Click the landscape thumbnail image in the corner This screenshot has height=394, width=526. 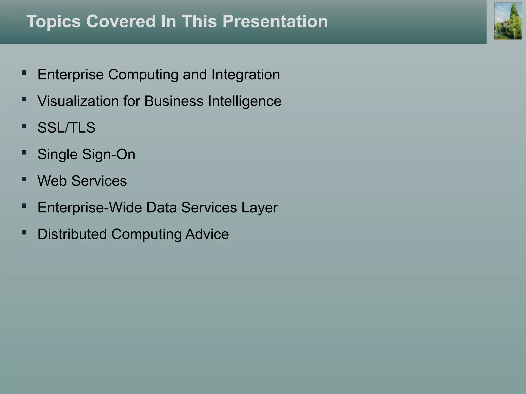pos(508,21)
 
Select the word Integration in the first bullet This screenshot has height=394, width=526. pos(246,75)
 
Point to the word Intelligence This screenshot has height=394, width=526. pos(245,101)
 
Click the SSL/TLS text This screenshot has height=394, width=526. pos(66,127)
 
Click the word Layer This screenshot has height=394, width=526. pos(259,208)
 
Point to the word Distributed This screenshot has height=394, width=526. pos(72,234)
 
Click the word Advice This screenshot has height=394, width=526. pos(207,234)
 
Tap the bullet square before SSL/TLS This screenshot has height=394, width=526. pos(24,126)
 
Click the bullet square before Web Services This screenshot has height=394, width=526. pos(24,179)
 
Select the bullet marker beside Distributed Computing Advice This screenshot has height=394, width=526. pos(24,232)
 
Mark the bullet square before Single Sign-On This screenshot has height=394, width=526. pos(24,153)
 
